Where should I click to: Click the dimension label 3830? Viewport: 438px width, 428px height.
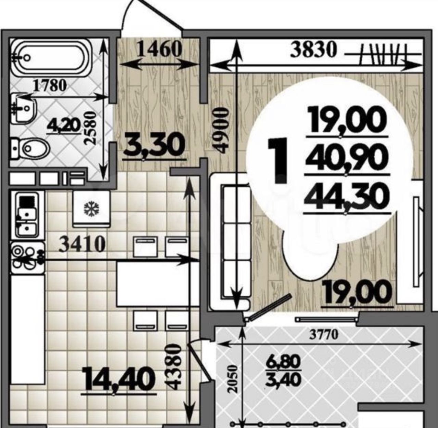coord(313,50)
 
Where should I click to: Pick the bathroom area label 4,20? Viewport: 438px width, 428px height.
coord(63,125)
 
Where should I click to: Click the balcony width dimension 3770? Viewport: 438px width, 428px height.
coord(324,335)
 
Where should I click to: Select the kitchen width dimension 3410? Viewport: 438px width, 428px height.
coord(82,245)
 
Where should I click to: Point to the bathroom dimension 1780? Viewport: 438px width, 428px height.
coord(50,86)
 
